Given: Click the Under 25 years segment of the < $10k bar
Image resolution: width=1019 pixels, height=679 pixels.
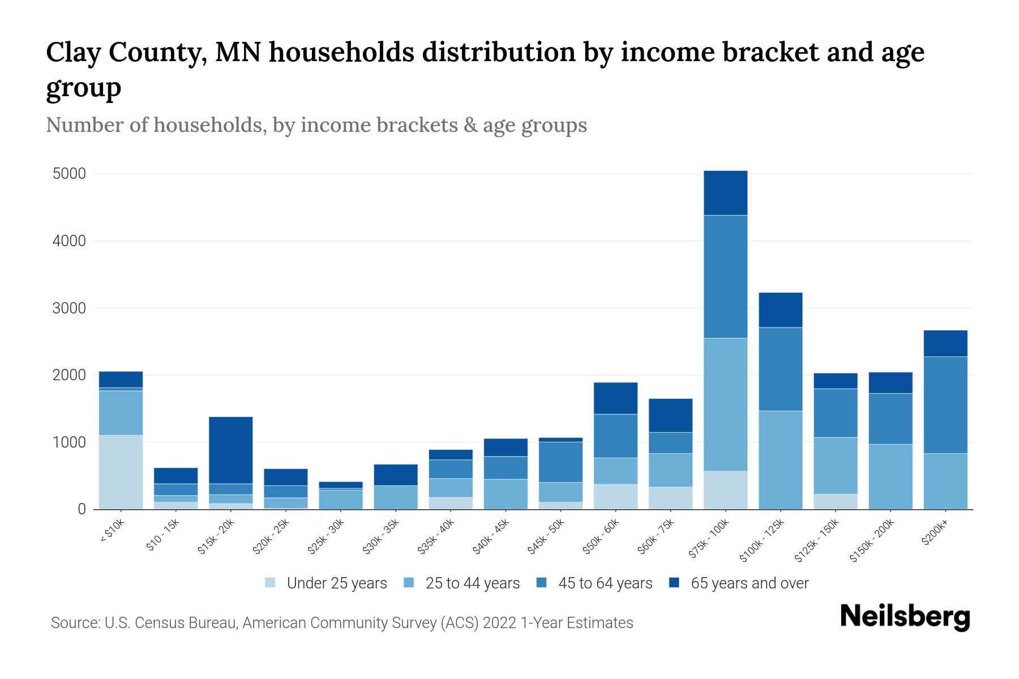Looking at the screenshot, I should (x=121, y=472).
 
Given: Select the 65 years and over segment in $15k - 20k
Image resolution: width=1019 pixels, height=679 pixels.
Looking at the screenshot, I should (x=230, y=450).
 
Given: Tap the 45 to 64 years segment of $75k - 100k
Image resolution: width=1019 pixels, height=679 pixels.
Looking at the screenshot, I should (x=725, y=276).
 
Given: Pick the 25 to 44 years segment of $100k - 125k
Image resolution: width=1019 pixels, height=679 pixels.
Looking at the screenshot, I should (x=780, y=459).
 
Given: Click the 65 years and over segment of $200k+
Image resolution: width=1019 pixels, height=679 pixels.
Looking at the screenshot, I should (x=945, y=343).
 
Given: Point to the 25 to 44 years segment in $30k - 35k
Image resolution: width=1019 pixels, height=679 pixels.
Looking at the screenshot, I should (x=396, y=497).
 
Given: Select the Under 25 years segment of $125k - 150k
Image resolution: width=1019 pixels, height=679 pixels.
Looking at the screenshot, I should (x=835, y=501).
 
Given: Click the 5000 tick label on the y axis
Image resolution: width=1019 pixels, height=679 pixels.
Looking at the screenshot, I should (x=69, y=174).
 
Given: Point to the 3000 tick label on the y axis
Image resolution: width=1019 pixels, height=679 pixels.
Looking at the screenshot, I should (x=69, y=308).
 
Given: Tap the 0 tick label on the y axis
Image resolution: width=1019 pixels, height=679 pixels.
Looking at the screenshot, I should (x=82, y=509).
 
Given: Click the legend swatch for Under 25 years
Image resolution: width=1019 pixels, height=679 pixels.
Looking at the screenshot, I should (x=271, y=583).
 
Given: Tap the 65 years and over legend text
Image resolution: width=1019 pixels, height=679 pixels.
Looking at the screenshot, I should (x=750, y=583).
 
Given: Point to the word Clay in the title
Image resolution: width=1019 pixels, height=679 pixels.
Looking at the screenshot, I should (x=70, y=53).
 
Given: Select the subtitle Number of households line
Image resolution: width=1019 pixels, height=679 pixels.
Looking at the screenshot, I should (x=316, y=125).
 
